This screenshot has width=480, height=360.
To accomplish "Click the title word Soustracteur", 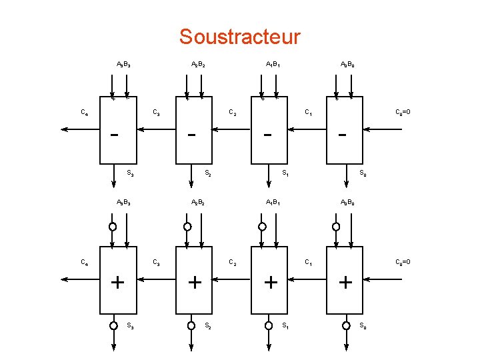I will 239,37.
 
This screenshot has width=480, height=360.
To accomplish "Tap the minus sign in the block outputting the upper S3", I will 115,135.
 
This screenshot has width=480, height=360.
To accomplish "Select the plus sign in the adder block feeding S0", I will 345,283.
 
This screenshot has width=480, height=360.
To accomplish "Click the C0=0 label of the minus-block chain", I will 403,112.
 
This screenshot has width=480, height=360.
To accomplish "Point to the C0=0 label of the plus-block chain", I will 403,261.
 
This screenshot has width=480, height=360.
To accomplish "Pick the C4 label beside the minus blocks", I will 85,112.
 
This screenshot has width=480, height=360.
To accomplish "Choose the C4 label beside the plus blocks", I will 85,261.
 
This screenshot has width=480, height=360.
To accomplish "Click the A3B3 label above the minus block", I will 123,65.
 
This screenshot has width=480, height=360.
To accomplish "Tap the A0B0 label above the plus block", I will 347,202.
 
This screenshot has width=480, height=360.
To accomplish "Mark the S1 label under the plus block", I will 285,326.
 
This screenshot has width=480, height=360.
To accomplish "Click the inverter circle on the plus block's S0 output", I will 346,325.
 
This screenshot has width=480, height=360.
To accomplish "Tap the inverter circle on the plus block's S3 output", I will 113,325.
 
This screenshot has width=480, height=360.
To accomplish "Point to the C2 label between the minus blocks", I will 232,112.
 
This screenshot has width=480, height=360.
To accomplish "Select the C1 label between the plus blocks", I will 309,261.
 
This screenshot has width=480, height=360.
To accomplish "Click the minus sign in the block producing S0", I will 343,135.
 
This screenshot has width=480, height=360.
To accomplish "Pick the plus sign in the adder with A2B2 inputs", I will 195,283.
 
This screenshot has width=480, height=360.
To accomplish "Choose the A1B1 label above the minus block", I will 273,65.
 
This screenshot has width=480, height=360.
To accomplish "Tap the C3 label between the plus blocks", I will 157,261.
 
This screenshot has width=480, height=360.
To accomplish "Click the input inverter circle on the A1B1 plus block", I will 263,227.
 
